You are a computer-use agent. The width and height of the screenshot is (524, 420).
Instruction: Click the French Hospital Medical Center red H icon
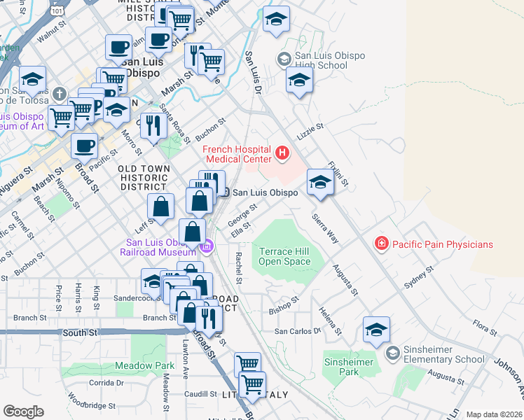(282, 153)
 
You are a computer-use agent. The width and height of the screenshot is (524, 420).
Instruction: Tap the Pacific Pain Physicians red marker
(382, 244)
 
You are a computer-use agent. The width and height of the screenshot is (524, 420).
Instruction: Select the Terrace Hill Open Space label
(284, 256)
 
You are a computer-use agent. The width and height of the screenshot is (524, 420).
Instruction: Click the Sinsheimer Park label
(349, 367)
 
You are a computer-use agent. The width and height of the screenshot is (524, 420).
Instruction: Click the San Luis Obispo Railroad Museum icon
(207, 246)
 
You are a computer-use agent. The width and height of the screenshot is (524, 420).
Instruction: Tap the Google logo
(23, 412)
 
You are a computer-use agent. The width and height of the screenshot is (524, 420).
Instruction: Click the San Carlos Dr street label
(297, 330)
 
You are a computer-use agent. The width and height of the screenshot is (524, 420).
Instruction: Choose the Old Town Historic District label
(144, 178)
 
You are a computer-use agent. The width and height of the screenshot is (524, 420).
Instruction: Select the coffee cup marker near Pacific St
(85, 145)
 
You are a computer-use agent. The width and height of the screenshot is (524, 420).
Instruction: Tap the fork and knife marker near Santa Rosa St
(152, 125)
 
